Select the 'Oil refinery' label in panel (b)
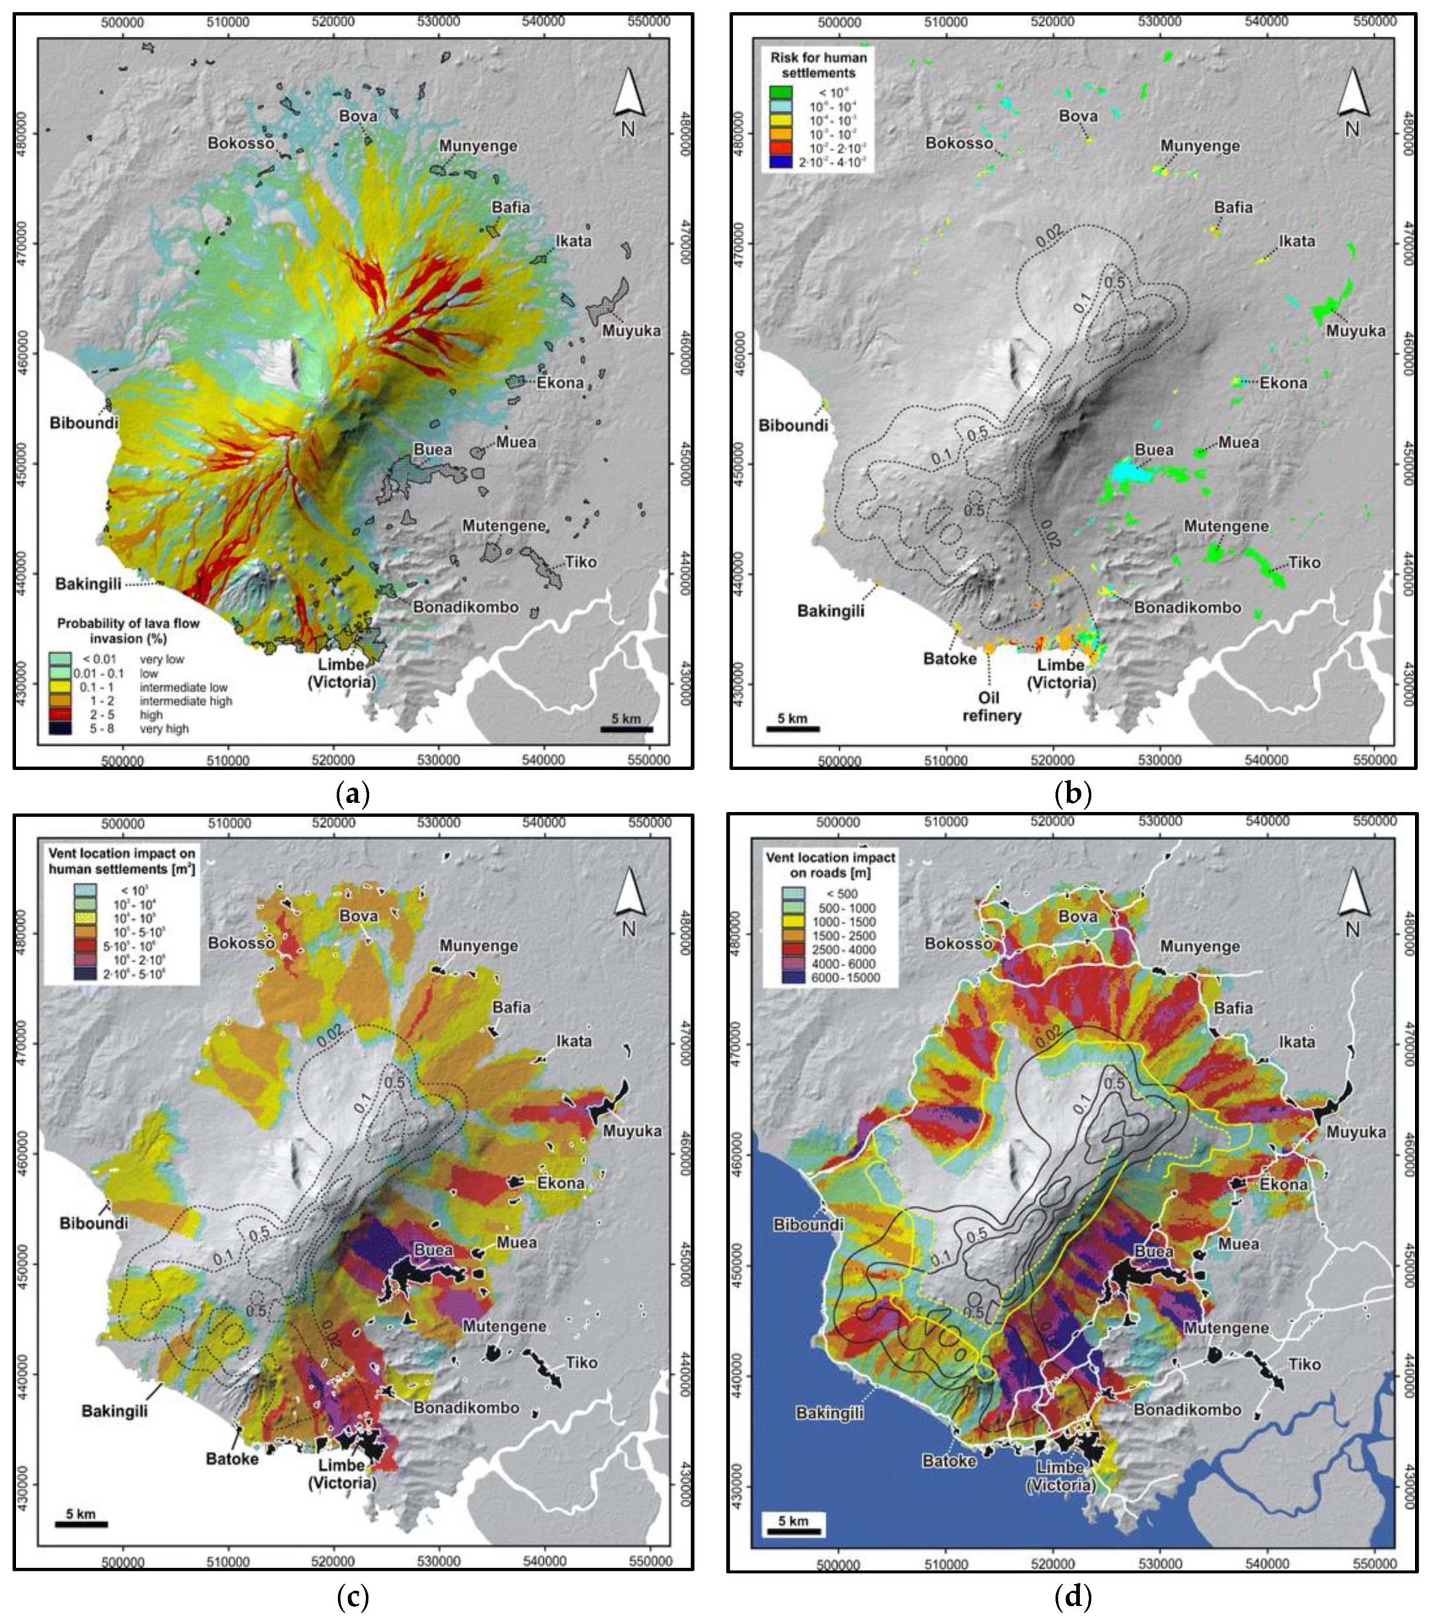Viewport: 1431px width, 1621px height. coord(991,706)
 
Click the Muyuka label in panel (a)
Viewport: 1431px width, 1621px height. coord(631,331)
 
